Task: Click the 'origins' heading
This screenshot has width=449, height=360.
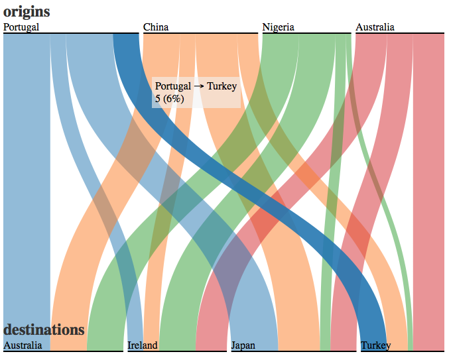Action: (x=27, y=11)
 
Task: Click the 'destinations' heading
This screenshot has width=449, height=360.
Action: (x=44, y=330)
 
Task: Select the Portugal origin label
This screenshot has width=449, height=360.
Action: (x=21, y=27)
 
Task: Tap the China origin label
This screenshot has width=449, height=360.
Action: (x=156, y=27)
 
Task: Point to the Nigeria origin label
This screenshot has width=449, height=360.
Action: (x=278, y=27)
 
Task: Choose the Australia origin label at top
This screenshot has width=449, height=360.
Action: (x=375, y=27)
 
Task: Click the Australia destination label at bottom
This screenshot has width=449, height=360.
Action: (x=23, y=345)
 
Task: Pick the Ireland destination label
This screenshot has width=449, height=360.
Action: (x=143, y=345)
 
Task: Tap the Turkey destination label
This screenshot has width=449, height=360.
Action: (x=376, y=345)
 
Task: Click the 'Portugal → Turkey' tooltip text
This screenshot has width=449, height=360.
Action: (x=196, y=86)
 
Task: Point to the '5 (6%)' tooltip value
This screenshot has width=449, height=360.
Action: (x=169, y=99)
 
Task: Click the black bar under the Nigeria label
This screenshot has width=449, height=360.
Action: (x=305, y=33)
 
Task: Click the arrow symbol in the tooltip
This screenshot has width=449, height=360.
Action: (x=199, y=86)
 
